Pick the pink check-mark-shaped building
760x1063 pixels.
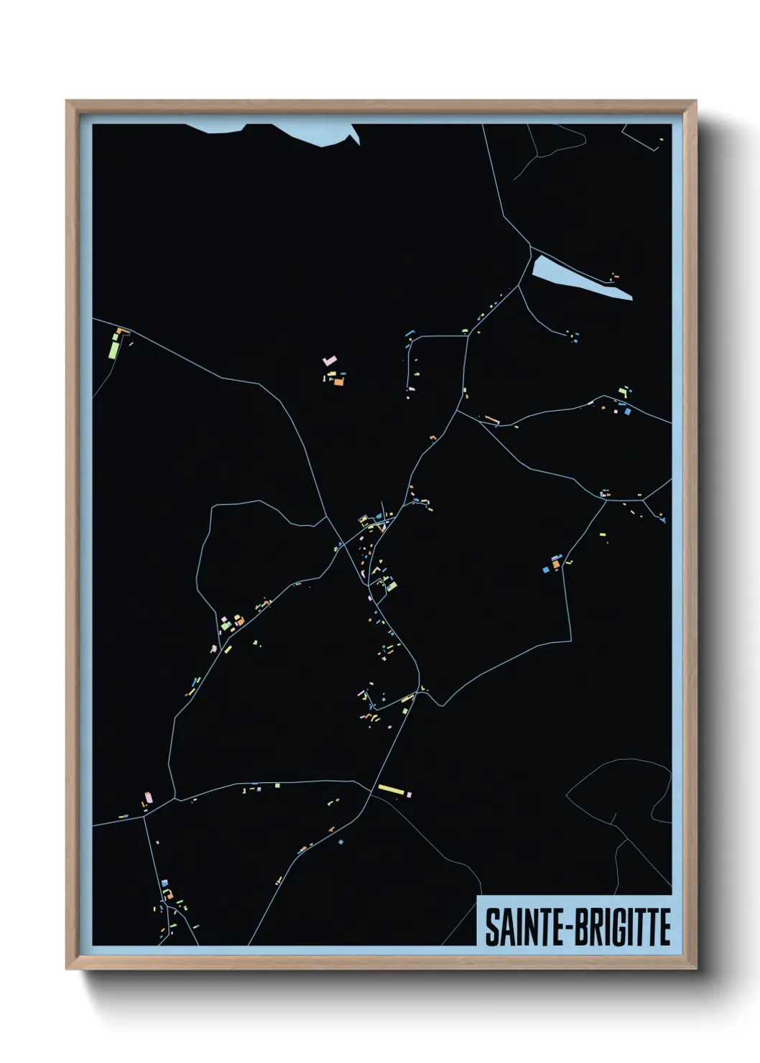point(329,361)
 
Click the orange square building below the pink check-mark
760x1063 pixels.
point(338,382)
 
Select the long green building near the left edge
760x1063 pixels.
point(114,350)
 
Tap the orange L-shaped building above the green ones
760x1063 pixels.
point(121,331)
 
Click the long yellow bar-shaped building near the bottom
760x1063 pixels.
point(391,790)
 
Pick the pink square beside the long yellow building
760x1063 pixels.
point(409,794)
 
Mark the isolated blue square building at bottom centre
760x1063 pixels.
point(341,841)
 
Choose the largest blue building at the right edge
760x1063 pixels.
point(627,412)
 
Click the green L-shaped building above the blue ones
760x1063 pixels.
point(624,392)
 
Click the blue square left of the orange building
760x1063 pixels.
point(546,568)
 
